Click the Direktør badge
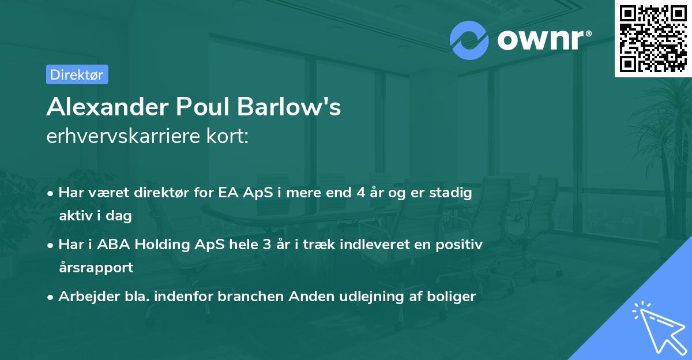click(x=77, y=74)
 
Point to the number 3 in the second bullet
click(x=266, y=245)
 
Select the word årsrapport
click(x=96, y=268)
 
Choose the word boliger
click(x=454, y=297)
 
